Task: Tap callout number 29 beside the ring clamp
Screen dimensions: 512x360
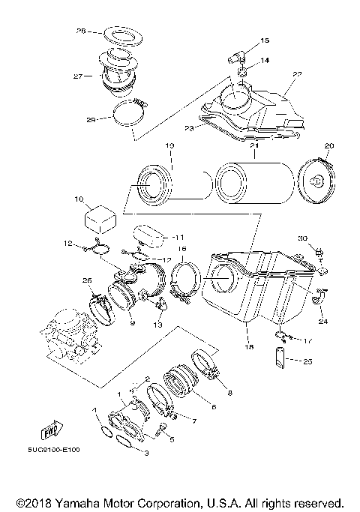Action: click(91, 120)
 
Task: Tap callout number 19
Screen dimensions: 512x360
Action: click(169, 145)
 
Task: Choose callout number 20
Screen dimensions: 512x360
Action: click(328, 145)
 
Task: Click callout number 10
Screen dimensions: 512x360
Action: click(79, 200)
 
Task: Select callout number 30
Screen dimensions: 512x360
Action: click(303, 238)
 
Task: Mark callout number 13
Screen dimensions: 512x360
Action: click(157, 325)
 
